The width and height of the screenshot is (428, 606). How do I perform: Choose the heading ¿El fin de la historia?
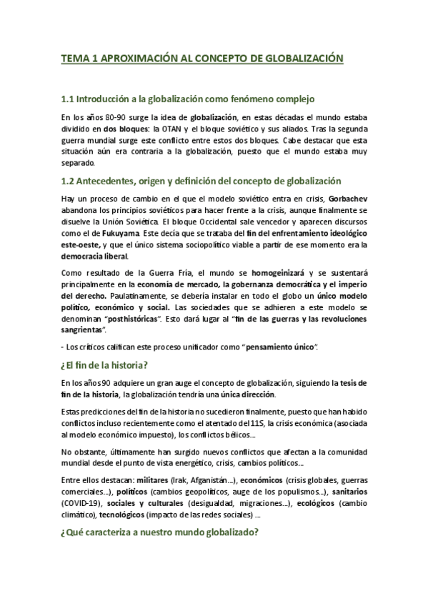tap(104, 365)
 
